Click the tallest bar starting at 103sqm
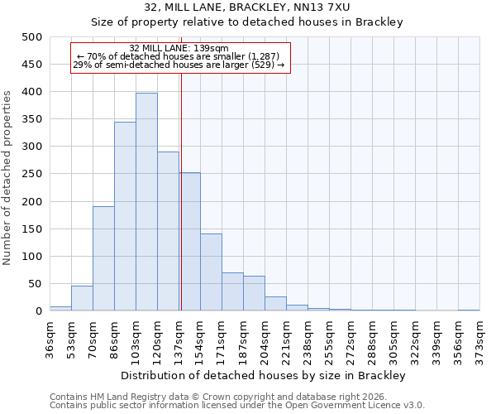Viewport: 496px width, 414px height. [x=146, y=202]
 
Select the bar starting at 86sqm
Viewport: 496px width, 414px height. [x=125, y=216]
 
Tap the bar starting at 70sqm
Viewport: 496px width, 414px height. [x=103, y=258]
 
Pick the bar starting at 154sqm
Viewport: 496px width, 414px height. [x=211, y=272]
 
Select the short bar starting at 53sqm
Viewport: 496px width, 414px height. [x=82, y=298]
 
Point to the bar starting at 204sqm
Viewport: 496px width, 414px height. [x=275, y=304]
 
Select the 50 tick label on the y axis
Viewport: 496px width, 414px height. [x=35, y=284]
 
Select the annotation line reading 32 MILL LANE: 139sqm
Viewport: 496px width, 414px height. [x=179, y=49]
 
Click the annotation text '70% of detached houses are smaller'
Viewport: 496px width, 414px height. [x=179, y=57]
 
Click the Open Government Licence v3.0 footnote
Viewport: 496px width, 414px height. [x=236, y=406]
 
